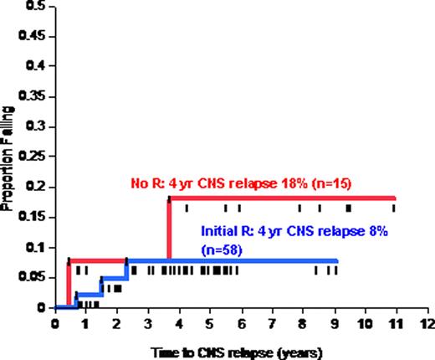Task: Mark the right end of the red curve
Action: point(394,198)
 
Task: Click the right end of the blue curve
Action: point(336,260)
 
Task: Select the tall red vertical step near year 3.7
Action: point(169,230)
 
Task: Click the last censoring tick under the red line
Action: point(394,207)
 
